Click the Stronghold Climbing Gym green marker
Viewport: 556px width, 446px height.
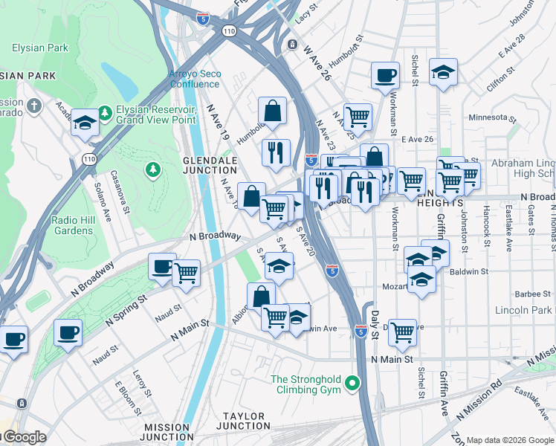[x=353, y=384]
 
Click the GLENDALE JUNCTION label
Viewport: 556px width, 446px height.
[x=210, y=165]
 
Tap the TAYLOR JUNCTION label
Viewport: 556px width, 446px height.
[x=243, y=421]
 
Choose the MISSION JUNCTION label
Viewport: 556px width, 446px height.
[x=169, y=433]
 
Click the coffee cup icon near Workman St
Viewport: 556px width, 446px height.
[x=385, y=74]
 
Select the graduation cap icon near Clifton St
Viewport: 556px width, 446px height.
[x=443, y=71]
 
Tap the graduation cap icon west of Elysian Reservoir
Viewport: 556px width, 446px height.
[x=85, y=123]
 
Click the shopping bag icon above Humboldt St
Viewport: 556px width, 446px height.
[x=273, y=111]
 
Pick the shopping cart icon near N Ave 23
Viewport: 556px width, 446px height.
[x=358, y=116]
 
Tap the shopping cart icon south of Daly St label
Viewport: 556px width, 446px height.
[x=402, y=332]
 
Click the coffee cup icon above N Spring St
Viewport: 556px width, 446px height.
[x=162, y=267]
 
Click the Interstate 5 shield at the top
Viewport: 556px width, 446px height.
[x=203, y=19]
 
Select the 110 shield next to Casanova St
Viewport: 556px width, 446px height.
[x=89, y=159]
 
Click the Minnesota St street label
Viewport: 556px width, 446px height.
[x=491, y=117]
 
